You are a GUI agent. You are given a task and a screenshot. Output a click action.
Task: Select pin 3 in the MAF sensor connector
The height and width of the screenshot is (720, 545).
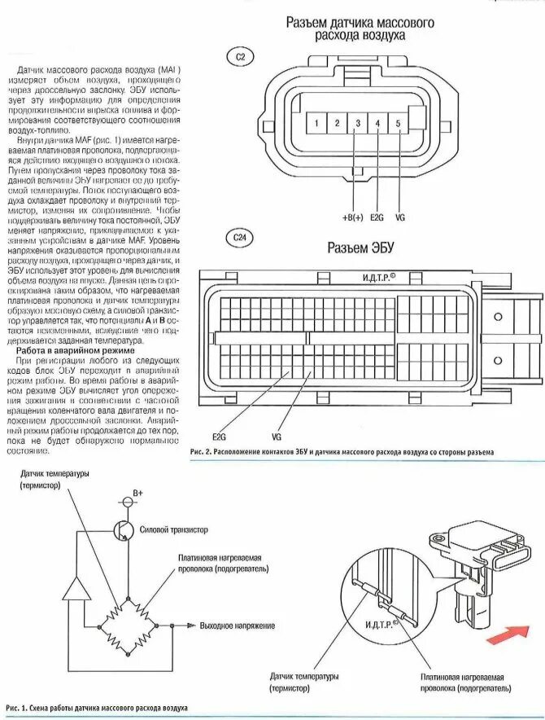[x=357, y=125]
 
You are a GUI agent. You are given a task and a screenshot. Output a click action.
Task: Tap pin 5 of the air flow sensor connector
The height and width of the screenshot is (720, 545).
[x=399, y=125]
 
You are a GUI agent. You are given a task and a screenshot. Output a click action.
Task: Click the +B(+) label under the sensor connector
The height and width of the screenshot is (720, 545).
[x=353, y=217]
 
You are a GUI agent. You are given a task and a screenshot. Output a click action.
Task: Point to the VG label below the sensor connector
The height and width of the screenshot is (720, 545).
[x=399, y=217]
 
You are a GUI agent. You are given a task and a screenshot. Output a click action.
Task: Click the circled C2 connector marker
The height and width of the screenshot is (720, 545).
[x=240, y=56]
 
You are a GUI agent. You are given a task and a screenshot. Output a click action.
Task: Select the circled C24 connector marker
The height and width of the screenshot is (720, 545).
[x=240, y=237]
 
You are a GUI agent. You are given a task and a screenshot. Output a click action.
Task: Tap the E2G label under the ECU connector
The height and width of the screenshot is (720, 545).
[x=218, y=436]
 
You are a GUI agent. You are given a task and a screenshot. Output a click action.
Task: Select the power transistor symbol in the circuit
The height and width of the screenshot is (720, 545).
[x=124, y=529]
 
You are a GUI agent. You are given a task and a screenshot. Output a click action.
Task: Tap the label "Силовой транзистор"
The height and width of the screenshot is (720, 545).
[x=175, y=529]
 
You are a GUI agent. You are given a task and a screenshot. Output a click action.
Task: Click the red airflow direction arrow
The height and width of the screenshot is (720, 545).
[x=508, y=632]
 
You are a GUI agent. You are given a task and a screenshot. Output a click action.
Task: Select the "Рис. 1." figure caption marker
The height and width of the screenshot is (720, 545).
[x=19, y=705]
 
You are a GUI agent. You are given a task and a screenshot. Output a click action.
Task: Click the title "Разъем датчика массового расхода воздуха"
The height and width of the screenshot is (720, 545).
[x=360, y=29]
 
